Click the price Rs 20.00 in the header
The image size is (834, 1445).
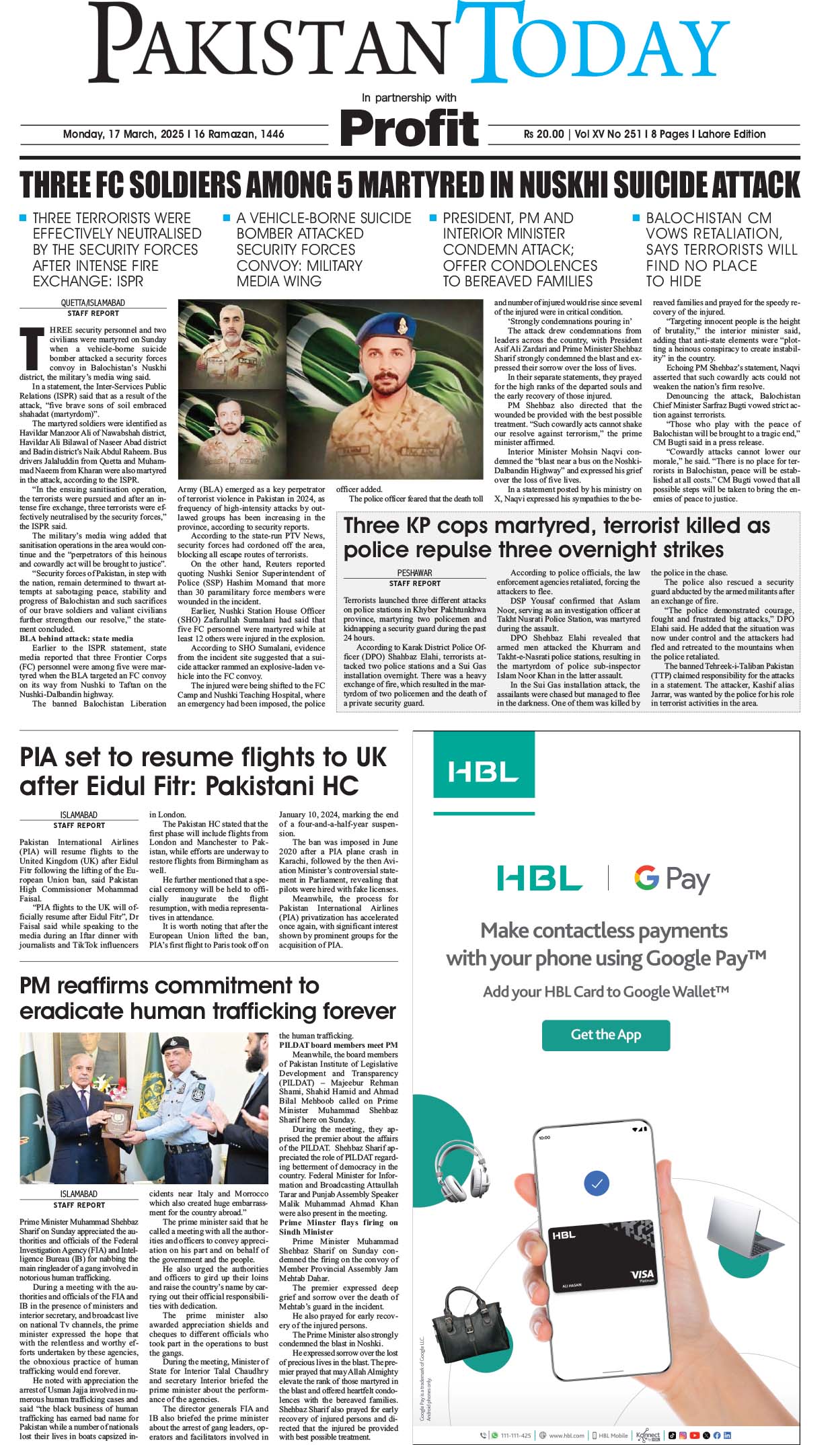543,134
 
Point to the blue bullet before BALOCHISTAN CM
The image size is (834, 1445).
636,218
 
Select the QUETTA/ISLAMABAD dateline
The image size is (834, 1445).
93,303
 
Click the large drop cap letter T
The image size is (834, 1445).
31,348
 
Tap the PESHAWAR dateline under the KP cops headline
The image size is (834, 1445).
414,573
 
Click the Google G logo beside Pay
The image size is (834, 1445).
646,878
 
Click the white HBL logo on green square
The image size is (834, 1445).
483,771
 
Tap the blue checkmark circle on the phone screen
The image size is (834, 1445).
597,1183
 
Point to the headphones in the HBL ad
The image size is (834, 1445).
463,1173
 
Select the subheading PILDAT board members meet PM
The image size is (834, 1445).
338,1045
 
